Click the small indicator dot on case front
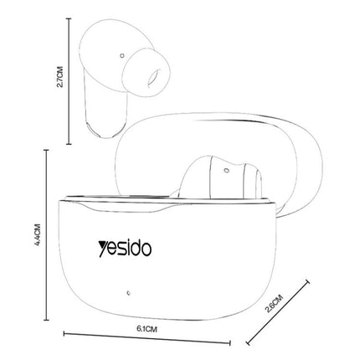tap(128, 293)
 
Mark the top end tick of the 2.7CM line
tap(68, 20)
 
